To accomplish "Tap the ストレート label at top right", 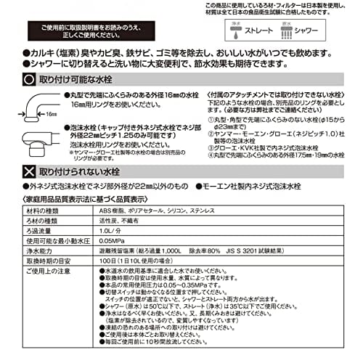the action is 264,33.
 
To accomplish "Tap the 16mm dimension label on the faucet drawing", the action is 49,114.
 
